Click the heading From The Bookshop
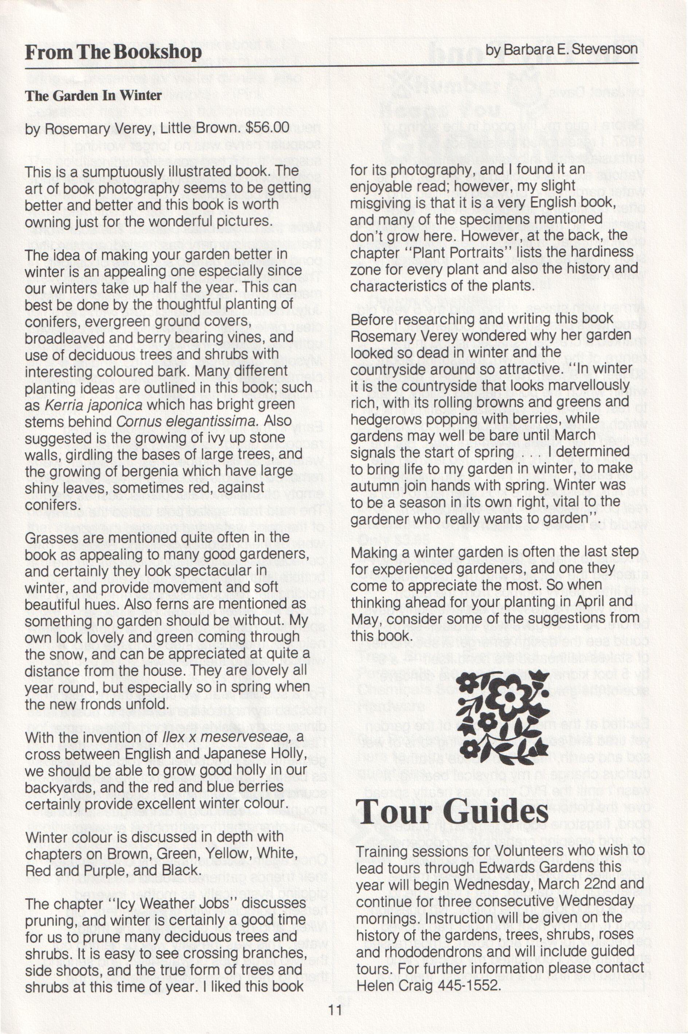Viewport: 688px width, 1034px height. [x=113, y=52]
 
